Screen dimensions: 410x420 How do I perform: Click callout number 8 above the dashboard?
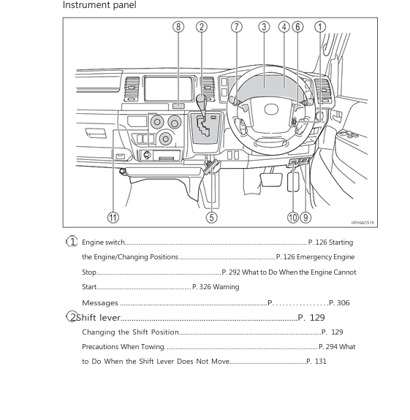(178, 27)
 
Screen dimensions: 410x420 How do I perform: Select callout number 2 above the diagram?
(202, 27)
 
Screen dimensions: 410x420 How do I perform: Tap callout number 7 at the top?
(236, 27)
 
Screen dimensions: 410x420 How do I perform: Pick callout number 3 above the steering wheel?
(264, 27)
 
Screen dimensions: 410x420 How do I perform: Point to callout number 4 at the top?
(284, 27)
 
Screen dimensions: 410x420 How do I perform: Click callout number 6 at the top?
(297, 27)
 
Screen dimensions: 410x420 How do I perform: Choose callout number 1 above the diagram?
(320, 27)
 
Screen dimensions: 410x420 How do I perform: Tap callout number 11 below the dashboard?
(113, 217)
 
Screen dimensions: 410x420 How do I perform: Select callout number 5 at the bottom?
(211, 217)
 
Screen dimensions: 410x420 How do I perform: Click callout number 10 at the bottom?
(292, 217)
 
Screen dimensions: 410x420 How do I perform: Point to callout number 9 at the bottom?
(305, 217)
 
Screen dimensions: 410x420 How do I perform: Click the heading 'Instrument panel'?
(99, 6)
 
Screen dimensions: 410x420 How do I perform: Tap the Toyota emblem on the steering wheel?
(271, 110)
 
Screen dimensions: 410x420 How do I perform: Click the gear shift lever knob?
(201, 98)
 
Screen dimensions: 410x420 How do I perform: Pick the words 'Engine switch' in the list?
(103, 243)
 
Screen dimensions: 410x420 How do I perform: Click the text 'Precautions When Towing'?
(124, 347)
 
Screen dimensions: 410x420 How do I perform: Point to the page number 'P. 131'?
(316, 362)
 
